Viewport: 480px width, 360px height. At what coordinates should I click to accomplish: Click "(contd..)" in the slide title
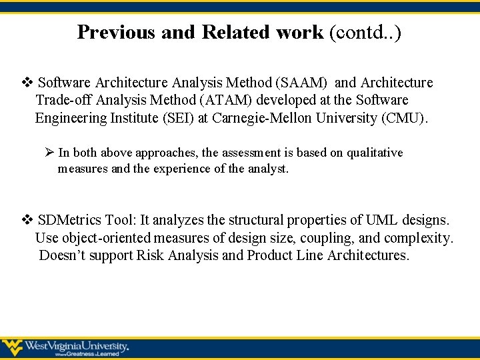[365, 32]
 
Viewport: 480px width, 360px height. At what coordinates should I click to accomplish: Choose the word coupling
[323, 238]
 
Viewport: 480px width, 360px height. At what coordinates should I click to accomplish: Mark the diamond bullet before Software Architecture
[27, 83]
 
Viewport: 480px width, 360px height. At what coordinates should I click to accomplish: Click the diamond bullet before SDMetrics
[27, 220]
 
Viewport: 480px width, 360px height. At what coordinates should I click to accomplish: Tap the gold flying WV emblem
[12, 347]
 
